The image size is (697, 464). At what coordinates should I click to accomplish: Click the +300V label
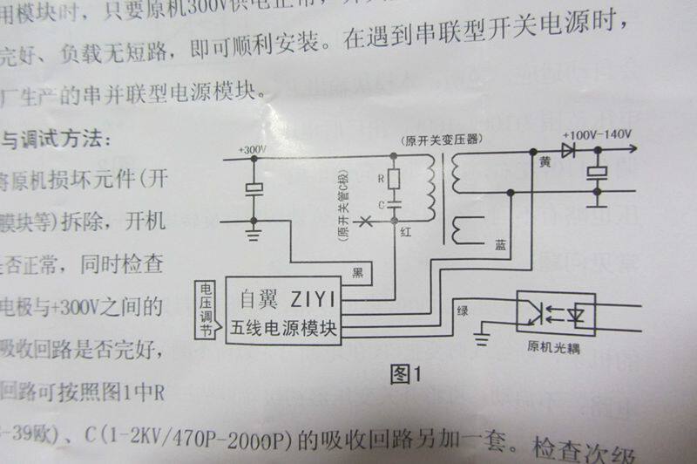click(x=253, y=150)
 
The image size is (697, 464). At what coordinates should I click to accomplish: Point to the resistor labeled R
click(x=393, y=180)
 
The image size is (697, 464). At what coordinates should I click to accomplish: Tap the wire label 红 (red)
click(x=406, y=234)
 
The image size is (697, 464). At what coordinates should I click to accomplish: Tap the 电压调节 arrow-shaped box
click(x=206, y=310)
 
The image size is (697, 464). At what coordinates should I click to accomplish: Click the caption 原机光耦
click(x=553, y=348)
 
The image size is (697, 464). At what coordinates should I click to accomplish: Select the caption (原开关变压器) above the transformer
click(x=441, y=140)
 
